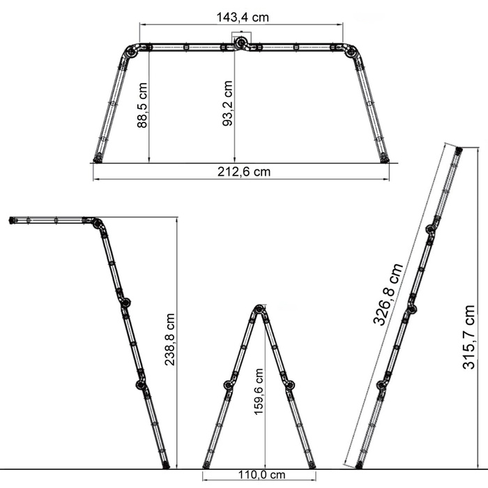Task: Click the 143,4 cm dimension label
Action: (243, 17)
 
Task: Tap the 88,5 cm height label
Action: (142, 105)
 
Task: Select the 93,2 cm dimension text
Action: (227, 103)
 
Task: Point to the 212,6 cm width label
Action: (244, 171)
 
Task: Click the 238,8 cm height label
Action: (169, 340)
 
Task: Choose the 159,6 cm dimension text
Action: (259, 392)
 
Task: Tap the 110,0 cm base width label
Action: (261, 475)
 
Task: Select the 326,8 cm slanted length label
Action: (388, 294)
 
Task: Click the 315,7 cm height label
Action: (468, 337)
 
